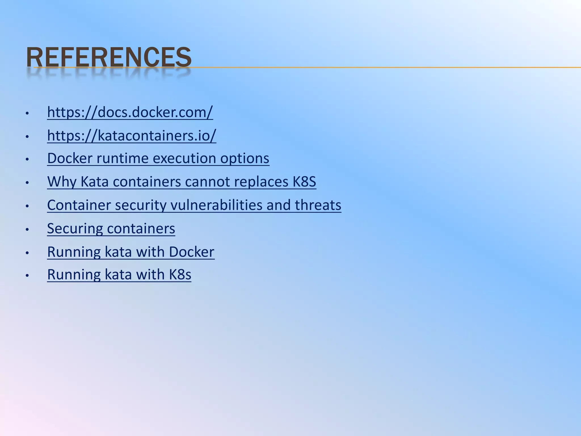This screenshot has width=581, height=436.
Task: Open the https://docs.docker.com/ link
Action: pyautogui.click(x=130, y=112)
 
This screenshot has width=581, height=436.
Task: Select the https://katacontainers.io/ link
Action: pyautogui.click(x=132, y=135)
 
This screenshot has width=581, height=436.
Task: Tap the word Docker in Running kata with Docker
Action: pyautogui.click(x=191, y=252)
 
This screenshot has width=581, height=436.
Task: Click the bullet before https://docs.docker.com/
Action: pyautogui.click(x=27, y=113)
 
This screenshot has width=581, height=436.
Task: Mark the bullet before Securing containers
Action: pyautogui.click(x=27, y=229)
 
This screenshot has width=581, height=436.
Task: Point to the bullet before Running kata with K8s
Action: pyautogui.click(x=27, y=275)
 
